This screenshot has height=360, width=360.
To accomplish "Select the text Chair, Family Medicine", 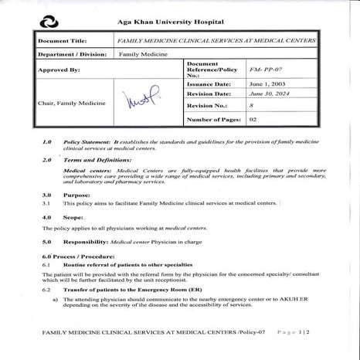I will click(x=69, y=101).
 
